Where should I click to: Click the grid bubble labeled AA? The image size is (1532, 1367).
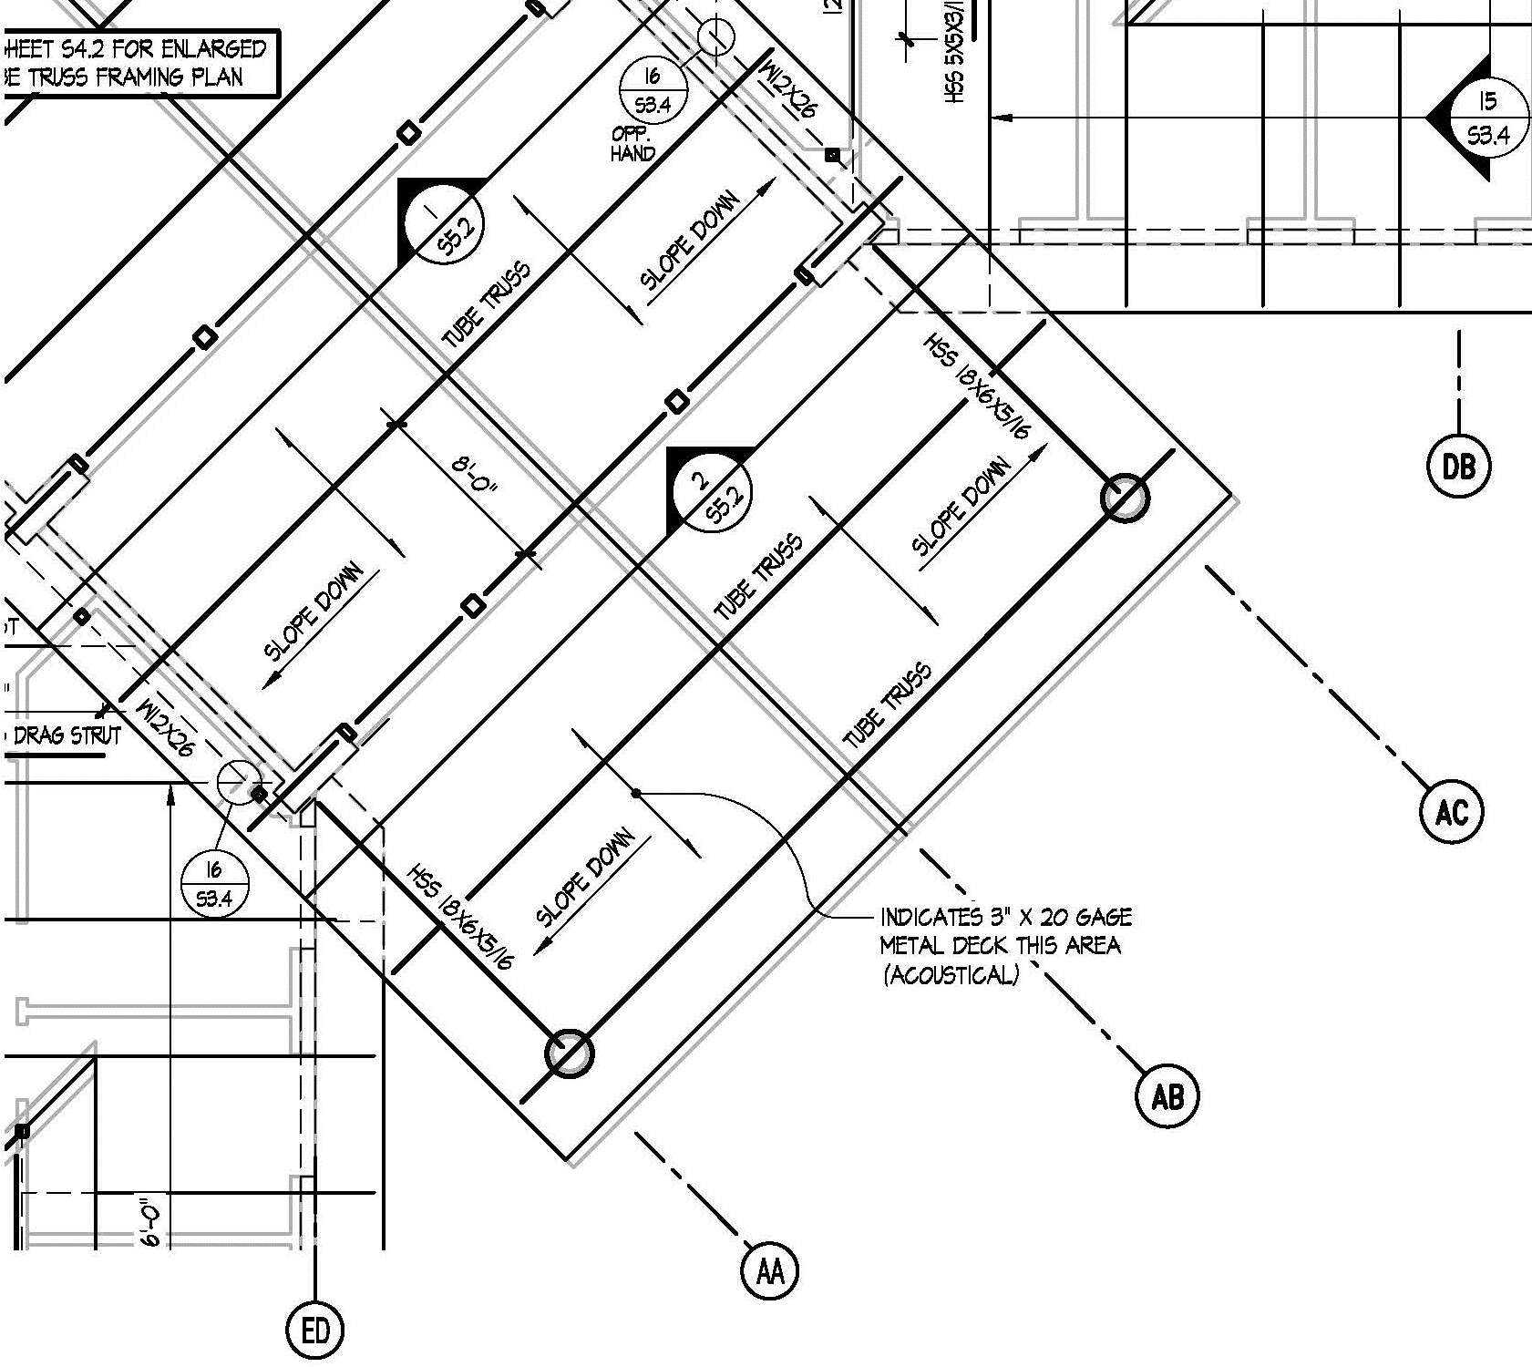coord(770,1269)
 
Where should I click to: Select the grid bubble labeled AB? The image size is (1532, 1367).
coord(1167,1096)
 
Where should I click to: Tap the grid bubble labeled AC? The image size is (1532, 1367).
coord(1451,811)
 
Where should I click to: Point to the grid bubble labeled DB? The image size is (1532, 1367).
coord(1458,467)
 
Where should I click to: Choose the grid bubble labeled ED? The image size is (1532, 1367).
coord(315,1331)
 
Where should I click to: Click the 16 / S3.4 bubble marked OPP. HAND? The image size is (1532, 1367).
coord(653,90)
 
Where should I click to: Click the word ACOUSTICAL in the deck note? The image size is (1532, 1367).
coord(951,975)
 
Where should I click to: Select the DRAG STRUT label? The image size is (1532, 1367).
coord(66,735)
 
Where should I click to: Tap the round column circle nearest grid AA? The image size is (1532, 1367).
coord(569,1054)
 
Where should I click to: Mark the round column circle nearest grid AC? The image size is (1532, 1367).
coord(1125,498)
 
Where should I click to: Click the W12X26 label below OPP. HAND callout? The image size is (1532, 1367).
coord(789,88)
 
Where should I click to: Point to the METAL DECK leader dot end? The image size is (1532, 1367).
coord(635,793)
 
